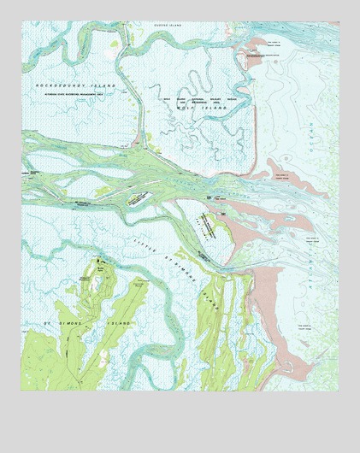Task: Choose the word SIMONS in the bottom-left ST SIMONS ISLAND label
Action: (x=72, y=324)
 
